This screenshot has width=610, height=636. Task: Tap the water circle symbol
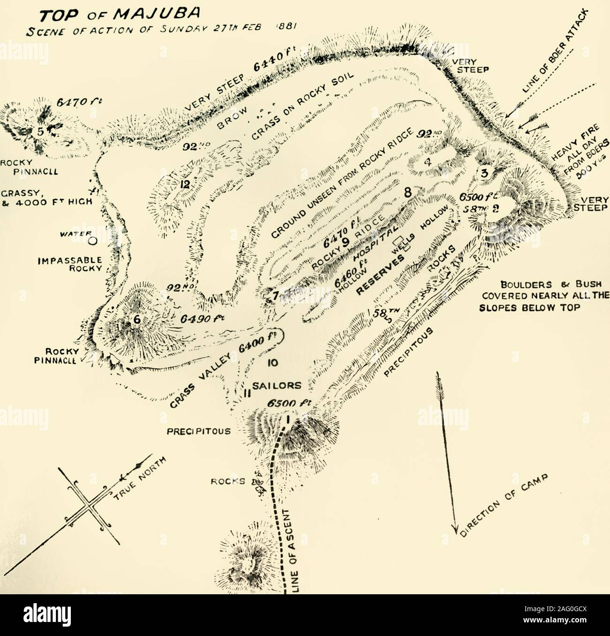coord(93,241)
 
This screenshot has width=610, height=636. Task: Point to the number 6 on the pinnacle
coord(137,319)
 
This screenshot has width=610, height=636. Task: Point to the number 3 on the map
coord(484,174)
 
